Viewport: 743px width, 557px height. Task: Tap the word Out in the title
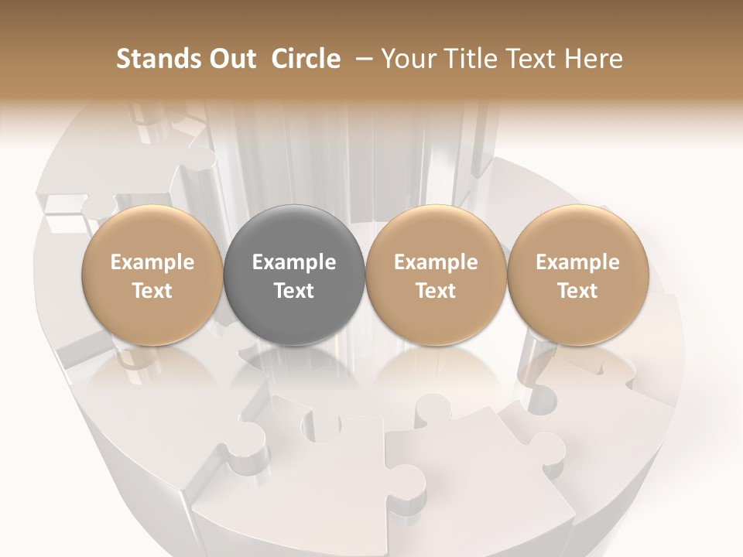pyautogui.click(x=231, y=59)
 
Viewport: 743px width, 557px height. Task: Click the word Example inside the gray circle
pyautogui.click(x=294, y=262)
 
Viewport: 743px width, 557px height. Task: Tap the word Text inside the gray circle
pyautogui.click(x=294, y=291)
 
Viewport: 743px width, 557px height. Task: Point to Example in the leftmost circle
pyautogui.click(x=152, y=262)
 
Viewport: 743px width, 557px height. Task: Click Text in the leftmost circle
pyautogui.click(x=152, y=291)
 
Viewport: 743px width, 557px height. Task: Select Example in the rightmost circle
pyautogui.click(x=577, y=262)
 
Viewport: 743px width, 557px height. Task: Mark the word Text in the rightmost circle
pyautogui.click(x=577, y=291)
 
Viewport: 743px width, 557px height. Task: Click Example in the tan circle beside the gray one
pyautogui.click(x=436, y=262)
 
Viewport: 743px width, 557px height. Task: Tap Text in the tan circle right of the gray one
pyautogui.click(x=436, y=291)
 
